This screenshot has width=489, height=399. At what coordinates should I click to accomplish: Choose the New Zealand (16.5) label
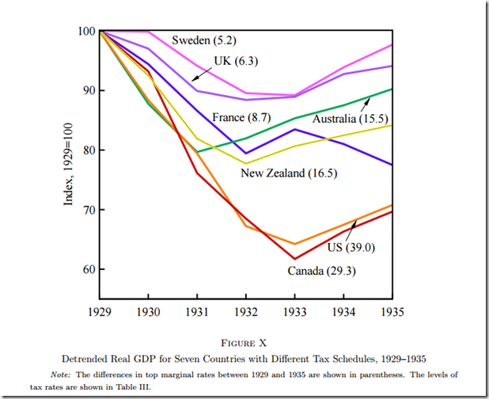(x=283, y=173)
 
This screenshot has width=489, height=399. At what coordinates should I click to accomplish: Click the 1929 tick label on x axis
(x=100, y=313)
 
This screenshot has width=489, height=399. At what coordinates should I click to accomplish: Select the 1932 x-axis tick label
(x=246, y=313)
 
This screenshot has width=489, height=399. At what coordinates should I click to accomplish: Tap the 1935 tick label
(x=392, y=313)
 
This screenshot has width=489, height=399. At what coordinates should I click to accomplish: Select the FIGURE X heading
(x=244, y=343)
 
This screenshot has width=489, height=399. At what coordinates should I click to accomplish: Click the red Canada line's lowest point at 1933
(x=295, y=259)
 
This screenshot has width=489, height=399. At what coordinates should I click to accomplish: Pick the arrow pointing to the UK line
(x=201, y=73)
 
